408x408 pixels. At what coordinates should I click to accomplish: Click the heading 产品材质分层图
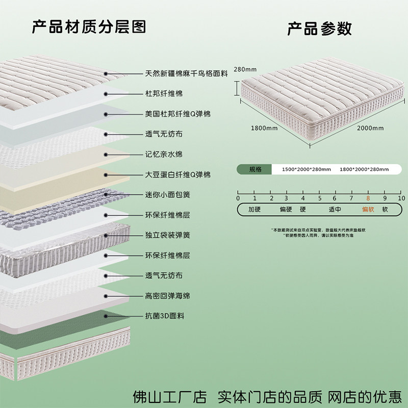click(89, 26)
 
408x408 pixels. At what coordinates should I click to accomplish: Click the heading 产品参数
click(319, 28)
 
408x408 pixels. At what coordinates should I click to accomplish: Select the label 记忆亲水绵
click(163, 155)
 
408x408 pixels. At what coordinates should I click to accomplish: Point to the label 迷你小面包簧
click(167, 195)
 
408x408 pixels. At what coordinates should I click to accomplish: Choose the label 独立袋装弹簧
click(167, 235)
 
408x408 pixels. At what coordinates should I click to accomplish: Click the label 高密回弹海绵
click(167, 296)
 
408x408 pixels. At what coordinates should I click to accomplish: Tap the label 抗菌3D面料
click(165, 316)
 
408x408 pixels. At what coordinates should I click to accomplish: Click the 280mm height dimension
click(245, 69)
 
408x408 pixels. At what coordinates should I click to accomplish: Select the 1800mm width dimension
click(264, 128)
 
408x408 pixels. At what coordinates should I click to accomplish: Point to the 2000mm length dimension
click(370, 128)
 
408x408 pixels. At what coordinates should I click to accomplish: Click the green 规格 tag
click(255, 169)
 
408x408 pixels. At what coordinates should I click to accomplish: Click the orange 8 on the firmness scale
click(368, 198)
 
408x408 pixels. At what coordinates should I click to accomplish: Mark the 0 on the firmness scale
click(238, 198)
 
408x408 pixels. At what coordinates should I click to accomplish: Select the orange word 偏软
click(368, 209)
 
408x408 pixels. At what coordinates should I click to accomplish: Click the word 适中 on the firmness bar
click(335, 209)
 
